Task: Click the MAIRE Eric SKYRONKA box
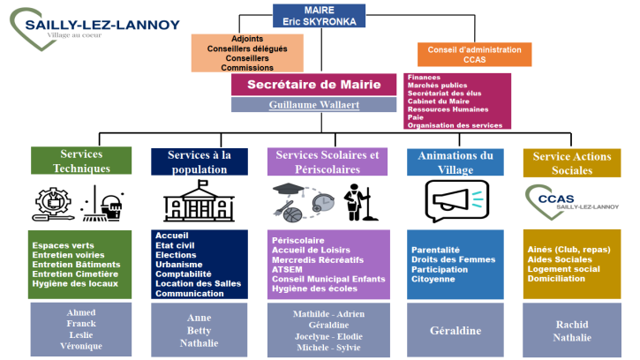click(319, 16)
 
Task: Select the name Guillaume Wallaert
click(314, 105)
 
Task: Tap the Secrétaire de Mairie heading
click(314, 85)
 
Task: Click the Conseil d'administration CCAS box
click(474, 55)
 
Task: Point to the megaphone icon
click(456, 201)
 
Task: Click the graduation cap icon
click(288, 190)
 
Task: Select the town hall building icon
click(200, 201)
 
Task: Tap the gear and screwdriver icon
click(53, 204)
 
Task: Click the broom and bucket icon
click(102, 204)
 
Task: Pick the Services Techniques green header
click(81, 161)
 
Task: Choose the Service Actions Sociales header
click(572, 163)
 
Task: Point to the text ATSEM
click(288, 269)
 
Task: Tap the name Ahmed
click(81, 312)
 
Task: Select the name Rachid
click(572, 325)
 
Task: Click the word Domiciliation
click(556, 279)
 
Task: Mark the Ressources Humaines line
click(448, 109)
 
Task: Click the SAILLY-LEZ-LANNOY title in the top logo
click(102, 26)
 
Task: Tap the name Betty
click(200, 331)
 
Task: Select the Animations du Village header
click(456, 162)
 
